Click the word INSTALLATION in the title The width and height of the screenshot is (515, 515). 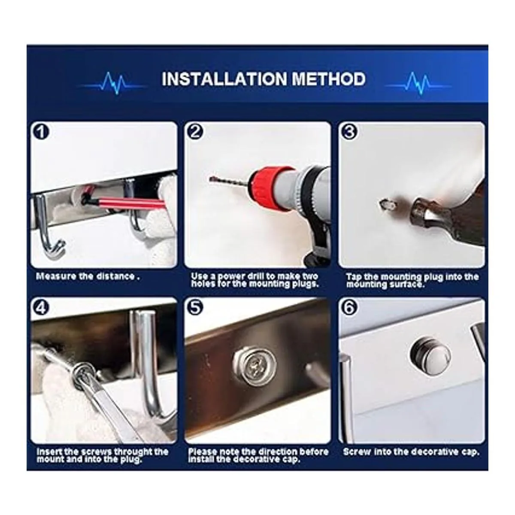tap(224, 79)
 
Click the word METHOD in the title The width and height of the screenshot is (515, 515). tap(328, 79)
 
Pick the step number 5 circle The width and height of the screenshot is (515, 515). tap(195, 308)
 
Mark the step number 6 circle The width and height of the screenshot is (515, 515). tap(349, 308)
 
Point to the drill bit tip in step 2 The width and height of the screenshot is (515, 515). tap(211, 178)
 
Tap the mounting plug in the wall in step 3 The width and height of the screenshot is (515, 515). tap(386, 205)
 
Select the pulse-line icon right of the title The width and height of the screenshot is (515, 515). tap(418, 83)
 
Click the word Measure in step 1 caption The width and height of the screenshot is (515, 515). tap(56, 276)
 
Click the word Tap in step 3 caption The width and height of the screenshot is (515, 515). tap(353, 277)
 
